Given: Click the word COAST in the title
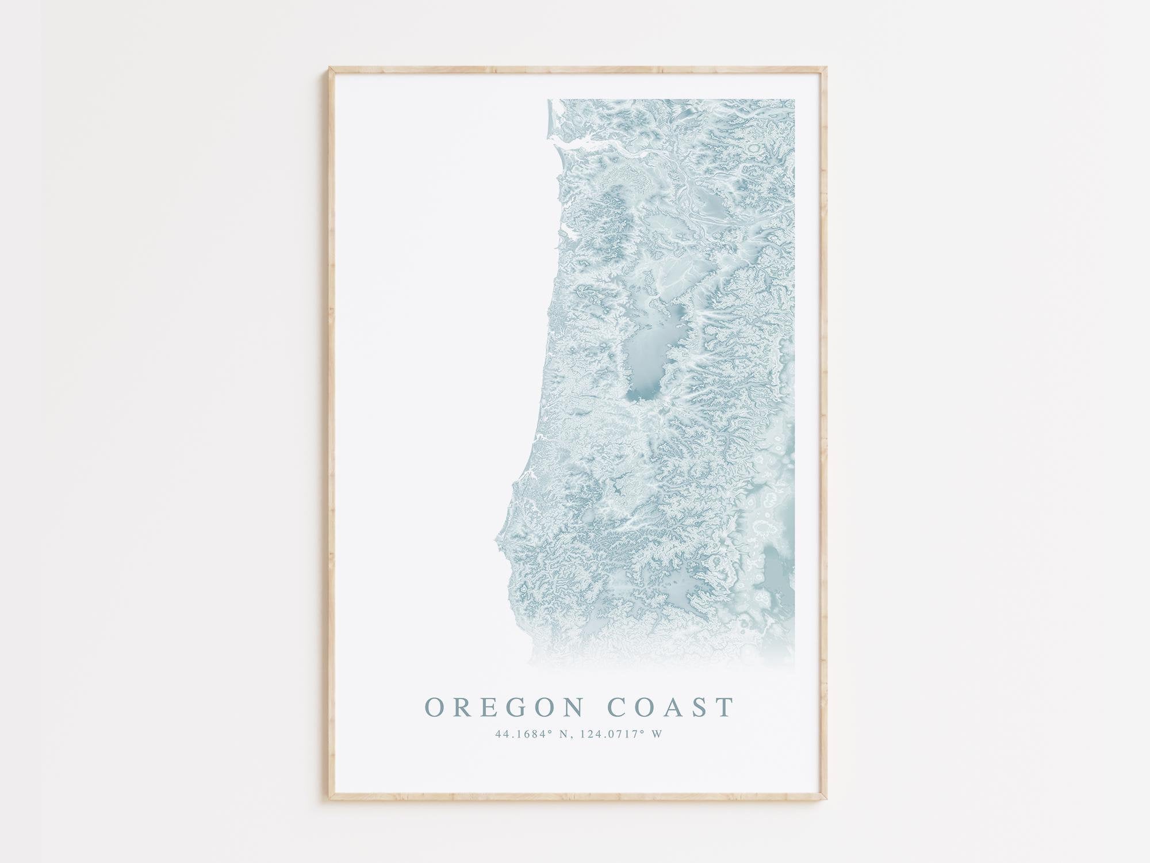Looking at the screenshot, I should (671, 707).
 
